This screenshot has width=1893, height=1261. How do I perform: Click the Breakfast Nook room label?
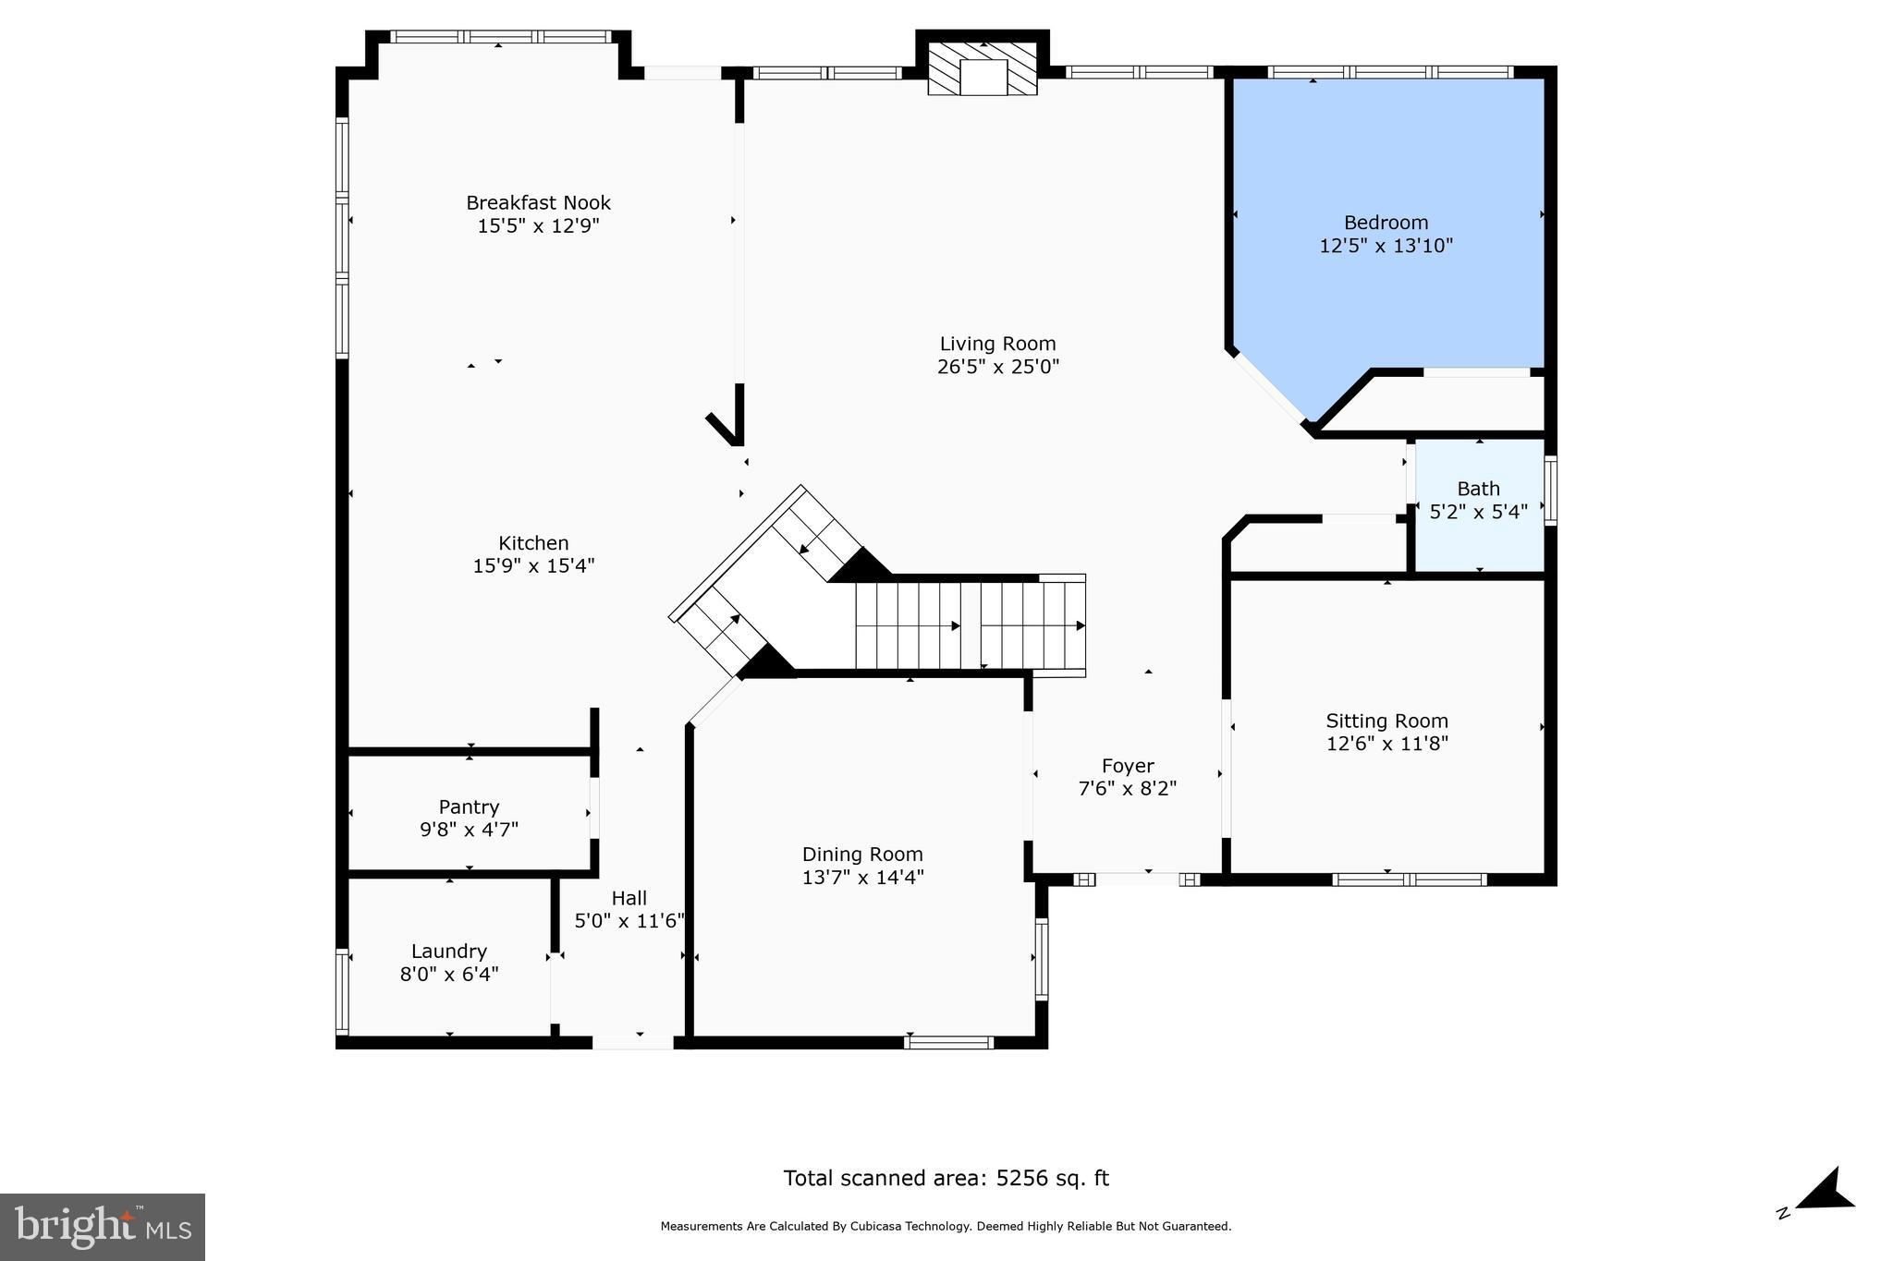(538, 202)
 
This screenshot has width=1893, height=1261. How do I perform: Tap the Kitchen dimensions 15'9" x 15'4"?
(533, 566)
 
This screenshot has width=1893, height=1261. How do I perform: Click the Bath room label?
(1478, 489)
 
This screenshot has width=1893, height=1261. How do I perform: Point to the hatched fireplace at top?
(983, 69)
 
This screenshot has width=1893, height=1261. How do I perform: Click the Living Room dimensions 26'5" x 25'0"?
(997, 367)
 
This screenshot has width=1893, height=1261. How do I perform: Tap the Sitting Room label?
(1386, 721)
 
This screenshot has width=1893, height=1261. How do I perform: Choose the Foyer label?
(1127, 766)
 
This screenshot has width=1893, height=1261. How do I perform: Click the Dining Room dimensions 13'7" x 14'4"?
(862, 878)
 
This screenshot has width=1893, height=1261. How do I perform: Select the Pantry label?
(469, 806)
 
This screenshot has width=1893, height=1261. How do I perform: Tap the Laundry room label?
(448, 951)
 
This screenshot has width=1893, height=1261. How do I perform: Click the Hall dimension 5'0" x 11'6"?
(629, 921)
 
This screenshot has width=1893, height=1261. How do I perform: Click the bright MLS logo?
(103, 1227)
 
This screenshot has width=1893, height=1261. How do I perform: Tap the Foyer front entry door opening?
(1137, 879)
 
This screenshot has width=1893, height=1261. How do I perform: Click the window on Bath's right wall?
(1551, 491)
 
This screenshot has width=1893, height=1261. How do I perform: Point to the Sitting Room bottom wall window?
(1409, 879)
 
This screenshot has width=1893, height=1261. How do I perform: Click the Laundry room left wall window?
(342, 990)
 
